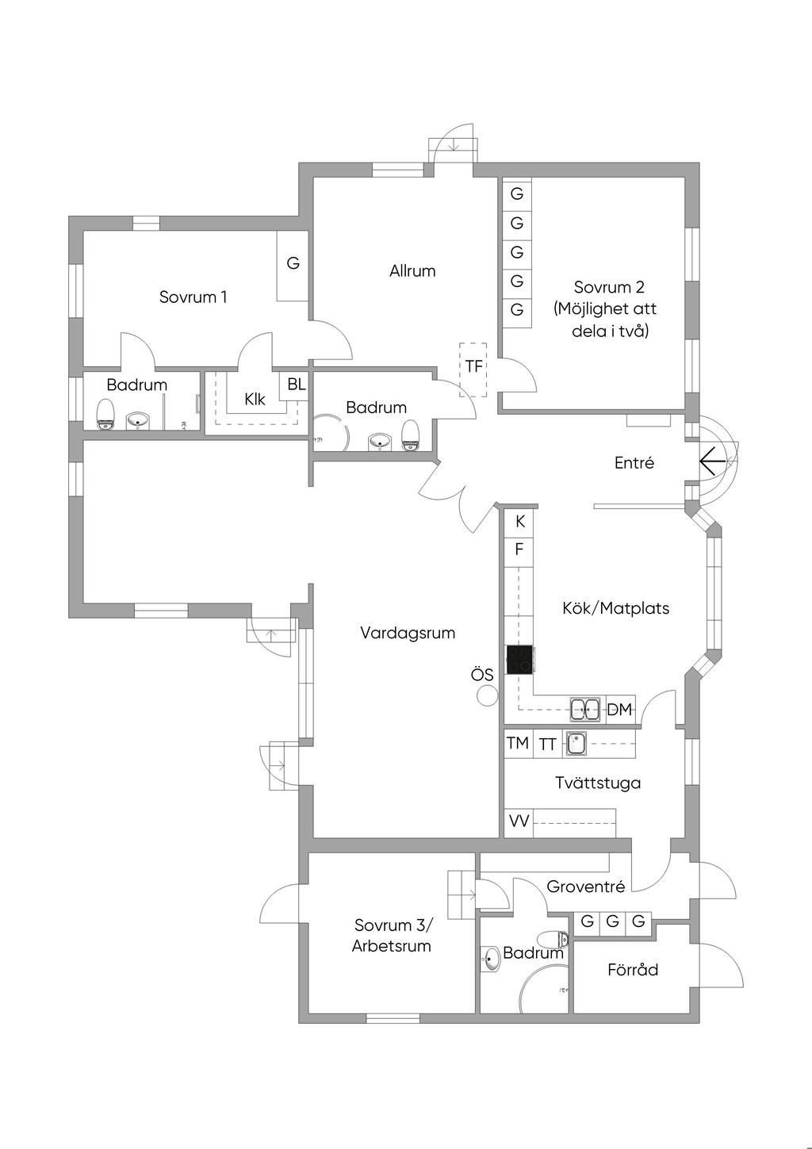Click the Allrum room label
click(412, 271)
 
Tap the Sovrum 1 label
click(193, 297)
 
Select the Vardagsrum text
click(408, 633)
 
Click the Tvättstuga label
click(598, 783)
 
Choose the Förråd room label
click(633, 970)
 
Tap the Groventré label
click(586, 887)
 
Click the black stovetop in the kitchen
click(519, 660)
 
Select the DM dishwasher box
click(620, 710)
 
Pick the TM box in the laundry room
click(518, 744)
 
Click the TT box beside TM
click(547, 744)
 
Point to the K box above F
click(519, 522)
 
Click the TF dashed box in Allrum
click(473, 368)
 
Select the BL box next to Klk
click(296, 385)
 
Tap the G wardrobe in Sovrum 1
click(293, 264)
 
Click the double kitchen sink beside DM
click(586, 709)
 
